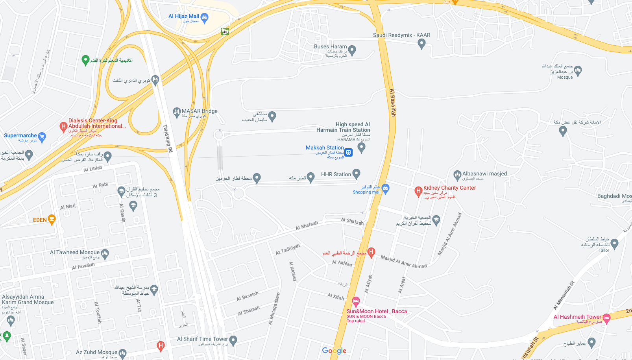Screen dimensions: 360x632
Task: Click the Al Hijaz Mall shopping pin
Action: point(204,17)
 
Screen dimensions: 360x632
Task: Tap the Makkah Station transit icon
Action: point(349,152)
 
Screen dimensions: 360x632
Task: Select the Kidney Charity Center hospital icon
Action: point(418,191)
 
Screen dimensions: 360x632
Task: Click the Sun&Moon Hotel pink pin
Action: point(356,302)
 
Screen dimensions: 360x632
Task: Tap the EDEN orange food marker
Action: point(52,220)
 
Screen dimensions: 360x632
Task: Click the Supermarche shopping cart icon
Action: point(42,137)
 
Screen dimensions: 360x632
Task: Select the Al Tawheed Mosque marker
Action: point(105,254)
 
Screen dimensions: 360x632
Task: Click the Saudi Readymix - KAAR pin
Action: point(421,44)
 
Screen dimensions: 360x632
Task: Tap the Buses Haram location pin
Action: point(352,50)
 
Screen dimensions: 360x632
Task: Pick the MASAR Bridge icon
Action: point(177,113)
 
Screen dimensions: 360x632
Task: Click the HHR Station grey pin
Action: point(356,174)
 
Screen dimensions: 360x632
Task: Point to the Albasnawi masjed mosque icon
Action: point(457,175)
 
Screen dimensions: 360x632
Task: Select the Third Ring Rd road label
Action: point(168,138)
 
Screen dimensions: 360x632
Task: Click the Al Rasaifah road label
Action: point(392,102)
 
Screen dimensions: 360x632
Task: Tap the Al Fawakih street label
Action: point(83,266)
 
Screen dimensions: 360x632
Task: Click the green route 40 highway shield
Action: point(225,31)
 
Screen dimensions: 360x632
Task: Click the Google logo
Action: point(334,351)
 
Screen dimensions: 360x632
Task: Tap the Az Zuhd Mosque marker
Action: point(122,353)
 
